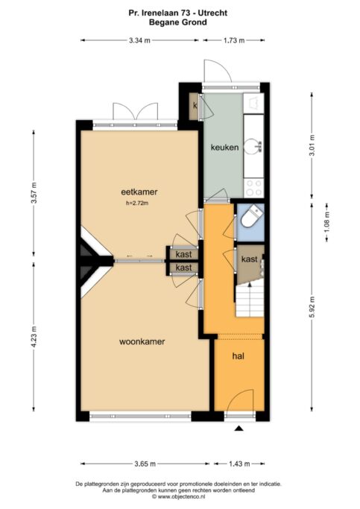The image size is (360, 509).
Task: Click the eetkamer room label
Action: [x=139, y=192]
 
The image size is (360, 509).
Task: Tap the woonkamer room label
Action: [x=142, y=341]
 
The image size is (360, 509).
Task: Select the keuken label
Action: [x=224, y=148]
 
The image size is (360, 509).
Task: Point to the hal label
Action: [x=239, y=356]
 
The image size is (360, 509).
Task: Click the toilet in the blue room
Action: [x=251, y=218]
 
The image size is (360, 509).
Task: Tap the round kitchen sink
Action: [x=253, y=146]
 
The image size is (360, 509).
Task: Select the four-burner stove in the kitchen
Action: [x=254, y=188]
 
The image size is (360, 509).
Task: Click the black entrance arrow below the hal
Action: [x=239, y=429]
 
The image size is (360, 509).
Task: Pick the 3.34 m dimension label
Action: [x=139, y=40]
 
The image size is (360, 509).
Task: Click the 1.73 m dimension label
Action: [x=234, y=40]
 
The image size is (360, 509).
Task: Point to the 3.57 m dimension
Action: [x=34, y=192]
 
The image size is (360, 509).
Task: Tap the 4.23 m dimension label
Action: [x=34, y=337]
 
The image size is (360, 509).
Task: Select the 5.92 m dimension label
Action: [x=312, y=308]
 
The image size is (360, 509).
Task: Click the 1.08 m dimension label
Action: [x=327, y=222]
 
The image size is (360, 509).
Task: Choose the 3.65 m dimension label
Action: [x=145, y=464]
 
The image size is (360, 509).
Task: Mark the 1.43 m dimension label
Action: [x=239, y=464]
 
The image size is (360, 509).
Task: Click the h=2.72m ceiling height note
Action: [x=137, y=203]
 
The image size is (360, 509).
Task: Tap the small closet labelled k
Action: [x=195, y=106]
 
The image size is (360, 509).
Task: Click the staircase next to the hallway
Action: [x=249, y=300]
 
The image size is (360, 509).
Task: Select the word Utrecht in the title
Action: [x=213, y=13]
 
